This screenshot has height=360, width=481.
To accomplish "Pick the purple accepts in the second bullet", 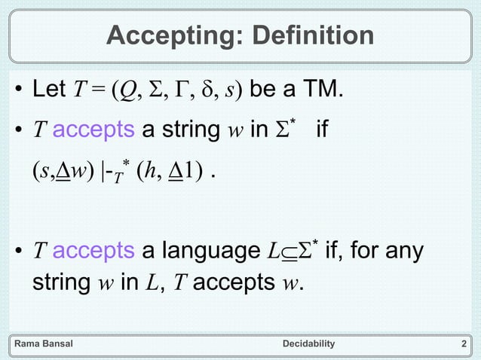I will click(94, 129).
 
